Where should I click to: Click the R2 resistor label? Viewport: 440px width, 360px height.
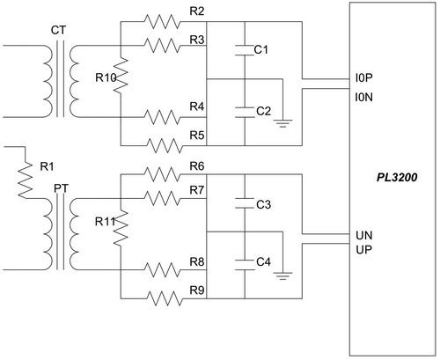click(197, 11)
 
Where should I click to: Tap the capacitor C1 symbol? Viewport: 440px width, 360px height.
click(245, 50)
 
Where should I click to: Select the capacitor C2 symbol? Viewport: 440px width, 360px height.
click(245, 113)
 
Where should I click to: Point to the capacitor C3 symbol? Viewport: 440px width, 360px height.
click(245, 203)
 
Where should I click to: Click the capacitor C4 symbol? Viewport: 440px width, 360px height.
click(245, 264)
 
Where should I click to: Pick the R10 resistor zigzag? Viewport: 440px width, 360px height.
click(121, 76)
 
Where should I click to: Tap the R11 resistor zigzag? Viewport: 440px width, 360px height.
click(121, 228)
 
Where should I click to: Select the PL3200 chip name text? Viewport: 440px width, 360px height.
click(397, 178)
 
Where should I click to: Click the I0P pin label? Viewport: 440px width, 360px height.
click(363, 78)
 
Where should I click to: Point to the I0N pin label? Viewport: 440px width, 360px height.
click(363, 97)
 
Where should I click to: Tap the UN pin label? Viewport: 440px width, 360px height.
click(364, 235)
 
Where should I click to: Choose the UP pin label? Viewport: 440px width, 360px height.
click(363, 250)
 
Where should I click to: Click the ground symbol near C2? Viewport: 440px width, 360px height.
click(282, 123)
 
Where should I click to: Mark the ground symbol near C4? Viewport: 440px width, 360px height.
click(282, 276)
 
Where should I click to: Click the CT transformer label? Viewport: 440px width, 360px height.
click(59, 30)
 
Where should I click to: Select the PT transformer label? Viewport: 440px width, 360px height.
click(61, 188)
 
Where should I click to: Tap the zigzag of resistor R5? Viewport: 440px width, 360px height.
click(164, 145)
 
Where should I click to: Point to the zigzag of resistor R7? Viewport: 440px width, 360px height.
click(162, 198)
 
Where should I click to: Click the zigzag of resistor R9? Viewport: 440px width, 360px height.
click(164, 298)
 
